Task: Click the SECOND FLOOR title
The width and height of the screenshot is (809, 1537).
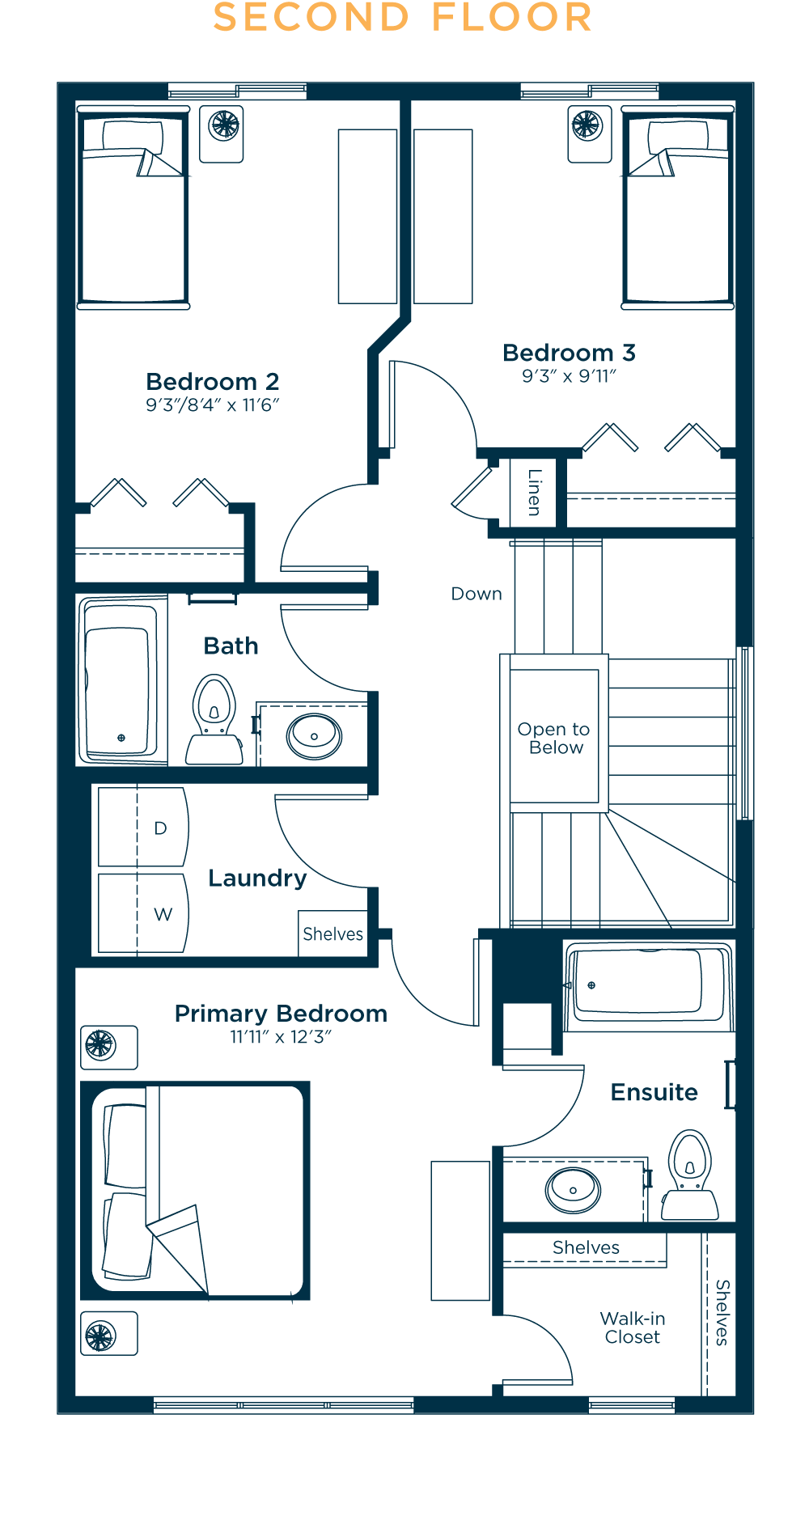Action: click(x=403, y=18)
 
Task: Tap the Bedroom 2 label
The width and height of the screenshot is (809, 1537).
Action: click(x=213, y=381)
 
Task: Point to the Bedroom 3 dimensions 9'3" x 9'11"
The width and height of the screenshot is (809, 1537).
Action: click(x=569, y=376)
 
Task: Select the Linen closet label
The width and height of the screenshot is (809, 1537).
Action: click(x=534, y=492)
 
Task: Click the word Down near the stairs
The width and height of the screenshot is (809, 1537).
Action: click(x=477, y=594)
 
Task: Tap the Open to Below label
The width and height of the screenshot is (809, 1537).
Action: click(x=554, y=739)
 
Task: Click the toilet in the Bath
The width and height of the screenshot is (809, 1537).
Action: click(x=214, y=719)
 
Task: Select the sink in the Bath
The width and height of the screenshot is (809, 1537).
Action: click(x=314, y=736)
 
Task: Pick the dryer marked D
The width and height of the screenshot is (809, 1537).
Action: click(x=143, y=828)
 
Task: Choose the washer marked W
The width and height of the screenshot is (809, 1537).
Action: click(x=143, y=913)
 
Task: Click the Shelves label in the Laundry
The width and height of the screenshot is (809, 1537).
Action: click(x=333, y=934)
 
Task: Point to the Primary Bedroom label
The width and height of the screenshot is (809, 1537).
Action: click(x=281, y=1014)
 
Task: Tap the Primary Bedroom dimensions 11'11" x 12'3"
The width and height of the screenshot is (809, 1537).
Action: click(x=281, y=1037)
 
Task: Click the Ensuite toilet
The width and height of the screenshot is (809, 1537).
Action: click(x=690, y=1175)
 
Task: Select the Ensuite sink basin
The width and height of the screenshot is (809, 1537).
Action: click(x=574, y=1190)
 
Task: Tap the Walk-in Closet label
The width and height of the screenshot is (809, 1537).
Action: click(x=633, y=1328)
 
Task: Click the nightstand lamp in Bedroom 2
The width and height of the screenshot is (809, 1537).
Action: click(x=224, y=125)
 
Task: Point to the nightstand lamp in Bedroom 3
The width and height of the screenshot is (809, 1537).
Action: click(x=587, y=125)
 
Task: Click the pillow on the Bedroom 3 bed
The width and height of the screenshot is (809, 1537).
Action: click(x=678, y=135)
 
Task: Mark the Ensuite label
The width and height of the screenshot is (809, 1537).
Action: click(x=654, y=1092)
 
